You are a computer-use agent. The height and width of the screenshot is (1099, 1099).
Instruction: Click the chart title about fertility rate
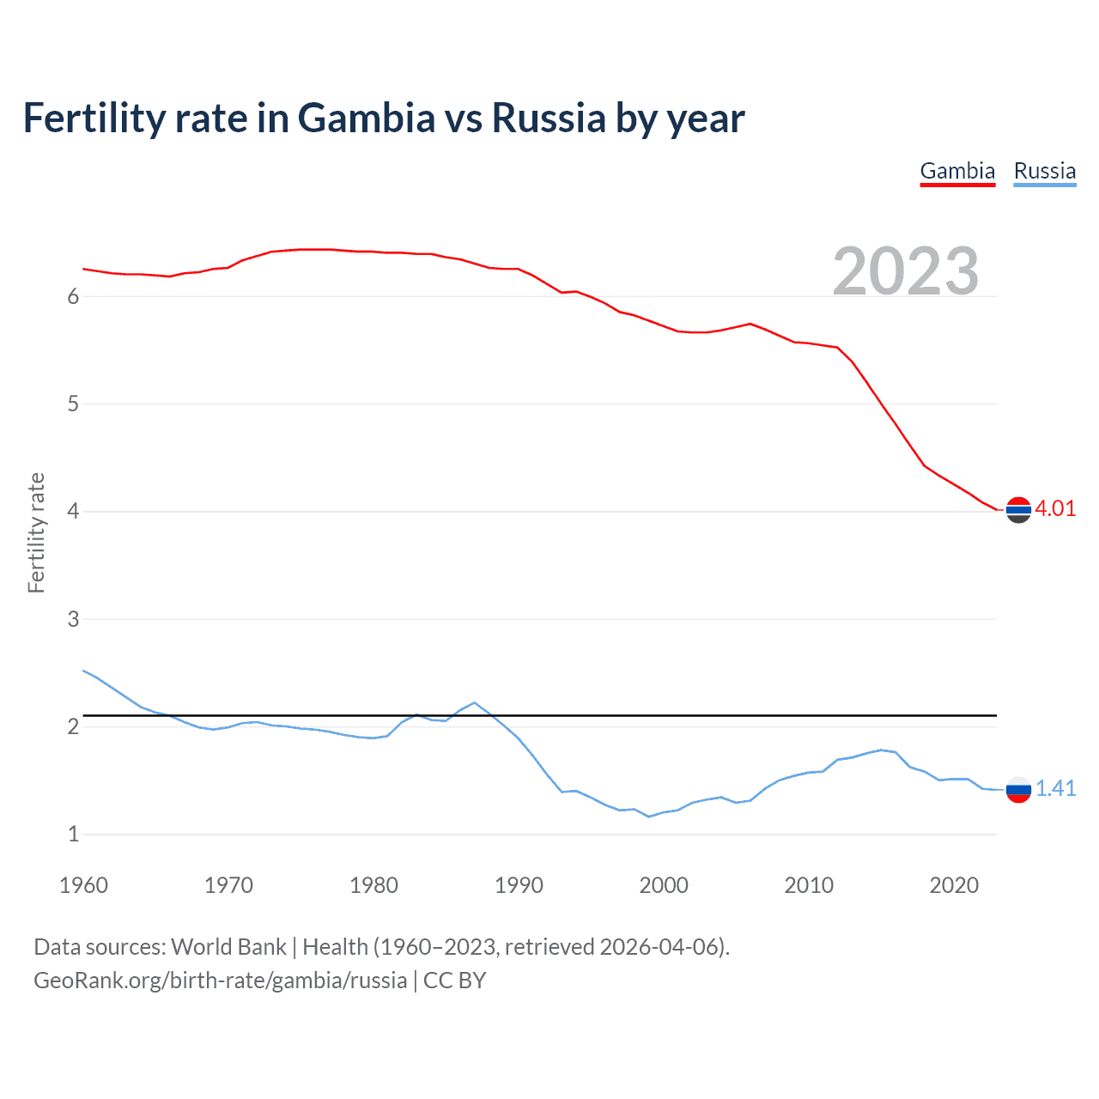(384, 118)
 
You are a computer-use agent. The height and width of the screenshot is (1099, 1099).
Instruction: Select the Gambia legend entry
(957, 171)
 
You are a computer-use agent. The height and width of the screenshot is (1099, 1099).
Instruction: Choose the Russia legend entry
(1044, 171)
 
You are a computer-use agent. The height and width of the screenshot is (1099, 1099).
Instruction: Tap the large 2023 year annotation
(905, 271)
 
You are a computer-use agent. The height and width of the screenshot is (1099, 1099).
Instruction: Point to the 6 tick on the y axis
(73, 296)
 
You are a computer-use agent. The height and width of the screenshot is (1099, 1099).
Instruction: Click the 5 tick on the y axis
(73, 404)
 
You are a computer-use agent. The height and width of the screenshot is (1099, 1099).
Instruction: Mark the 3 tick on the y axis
(73, 619)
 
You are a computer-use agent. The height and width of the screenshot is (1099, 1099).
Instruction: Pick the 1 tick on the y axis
(73, 834)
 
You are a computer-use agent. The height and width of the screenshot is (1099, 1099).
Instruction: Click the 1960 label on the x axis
(83, 885)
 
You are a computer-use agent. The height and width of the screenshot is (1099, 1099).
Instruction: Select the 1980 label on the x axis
(373, 885)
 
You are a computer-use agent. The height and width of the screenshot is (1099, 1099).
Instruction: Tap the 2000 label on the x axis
(664, 885)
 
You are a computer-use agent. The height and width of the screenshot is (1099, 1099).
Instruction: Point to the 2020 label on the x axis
(954, 885)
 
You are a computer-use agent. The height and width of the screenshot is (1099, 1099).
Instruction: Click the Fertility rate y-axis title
(36, 532)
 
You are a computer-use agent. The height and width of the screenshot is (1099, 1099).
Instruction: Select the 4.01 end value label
(1055, 508)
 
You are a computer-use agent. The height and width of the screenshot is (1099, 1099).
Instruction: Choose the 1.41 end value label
(1055, 788)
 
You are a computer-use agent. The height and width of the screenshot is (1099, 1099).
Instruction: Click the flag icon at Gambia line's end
(1018, 510)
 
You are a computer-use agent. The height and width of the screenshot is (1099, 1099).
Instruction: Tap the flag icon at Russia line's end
(1018, 789)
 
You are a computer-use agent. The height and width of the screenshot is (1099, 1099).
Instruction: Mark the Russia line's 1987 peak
(475, 702)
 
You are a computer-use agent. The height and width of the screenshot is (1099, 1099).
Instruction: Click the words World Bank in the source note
(228, 947)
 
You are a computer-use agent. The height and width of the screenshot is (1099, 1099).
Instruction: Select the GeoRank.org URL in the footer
(220, 981)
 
